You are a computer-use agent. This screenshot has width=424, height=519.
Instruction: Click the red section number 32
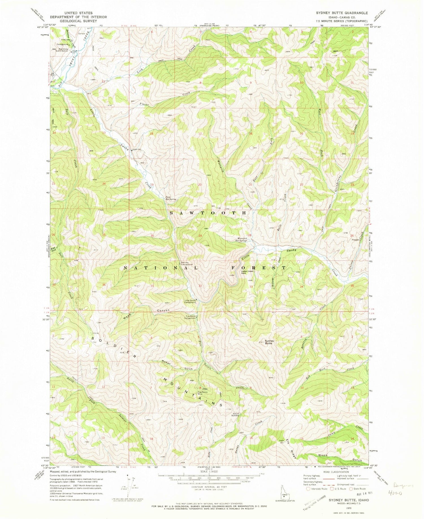(200, 286)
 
